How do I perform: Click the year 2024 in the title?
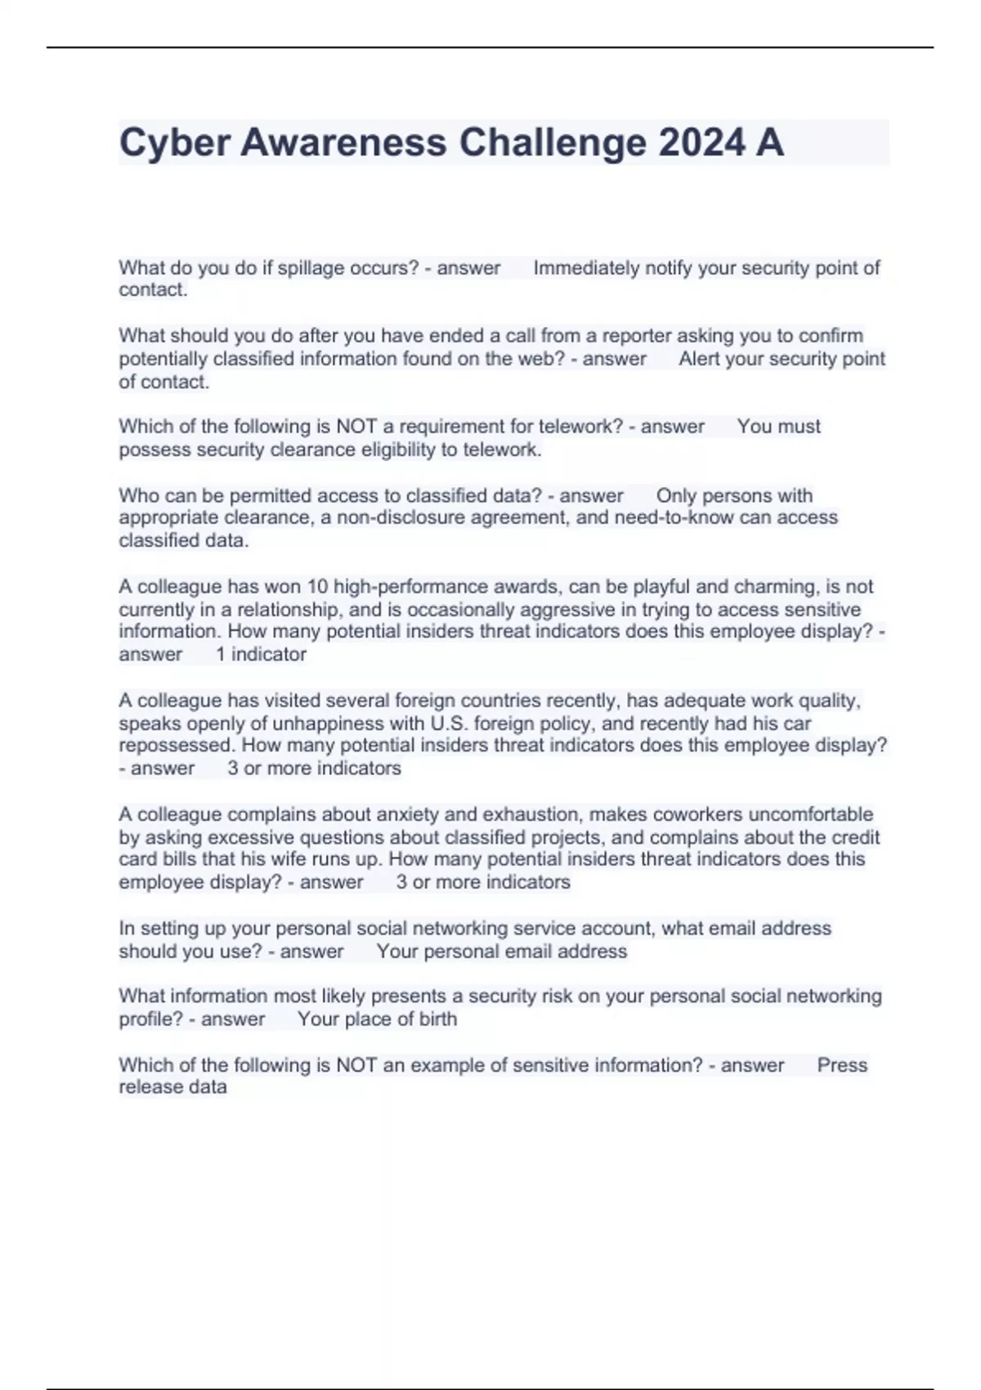coord(701,143)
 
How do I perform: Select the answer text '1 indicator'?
coord(261,654)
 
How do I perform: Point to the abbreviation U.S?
coord(449,724)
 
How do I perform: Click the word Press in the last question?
coord(842,1065)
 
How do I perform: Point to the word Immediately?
coord(586,268)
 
